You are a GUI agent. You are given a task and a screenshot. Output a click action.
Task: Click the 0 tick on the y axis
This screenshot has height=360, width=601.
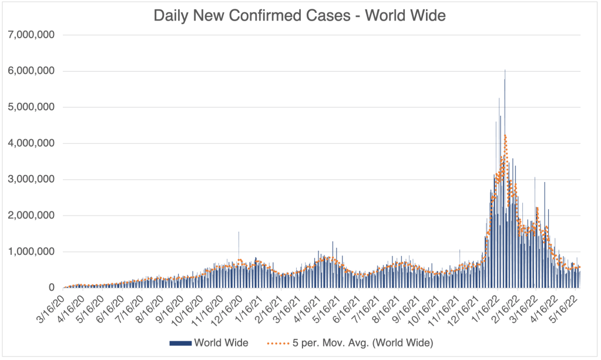[52, 288]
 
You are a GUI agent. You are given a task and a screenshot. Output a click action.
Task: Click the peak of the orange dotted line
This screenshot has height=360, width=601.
[505, 136]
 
